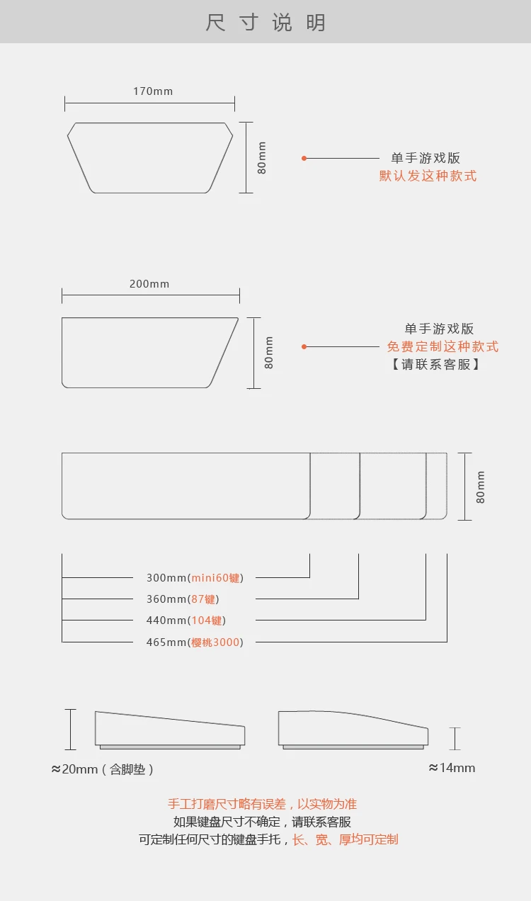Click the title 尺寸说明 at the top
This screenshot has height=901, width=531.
pos(265,22)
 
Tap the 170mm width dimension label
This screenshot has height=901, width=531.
pos(153,91)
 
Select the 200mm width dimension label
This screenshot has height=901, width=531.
pos(149,284)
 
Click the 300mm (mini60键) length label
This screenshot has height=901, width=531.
pos(195,578)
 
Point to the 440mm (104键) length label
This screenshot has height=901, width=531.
pos(186,620)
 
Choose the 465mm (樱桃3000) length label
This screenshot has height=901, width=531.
pos(195,642)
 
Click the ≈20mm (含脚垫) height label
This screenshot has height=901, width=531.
pos(103,769)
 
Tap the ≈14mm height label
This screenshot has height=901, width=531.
pos(452,768)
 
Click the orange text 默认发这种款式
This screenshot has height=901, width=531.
pos(428,176)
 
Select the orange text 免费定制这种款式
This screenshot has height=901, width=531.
pos(442,346)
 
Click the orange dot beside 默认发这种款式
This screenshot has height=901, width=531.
pos(304,158)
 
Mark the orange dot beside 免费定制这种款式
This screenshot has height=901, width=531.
pos(304,346)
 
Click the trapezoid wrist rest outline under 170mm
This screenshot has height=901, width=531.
pos(150,157)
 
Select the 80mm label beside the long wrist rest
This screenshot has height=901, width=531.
pos(481,487)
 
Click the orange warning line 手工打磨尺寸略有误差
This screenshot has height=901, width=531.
pos(262,804)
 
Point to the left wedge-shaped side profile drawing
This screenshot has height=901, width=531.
pos(170,730)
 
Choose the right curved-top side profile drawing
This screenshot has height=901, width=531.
pos(353,728)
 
